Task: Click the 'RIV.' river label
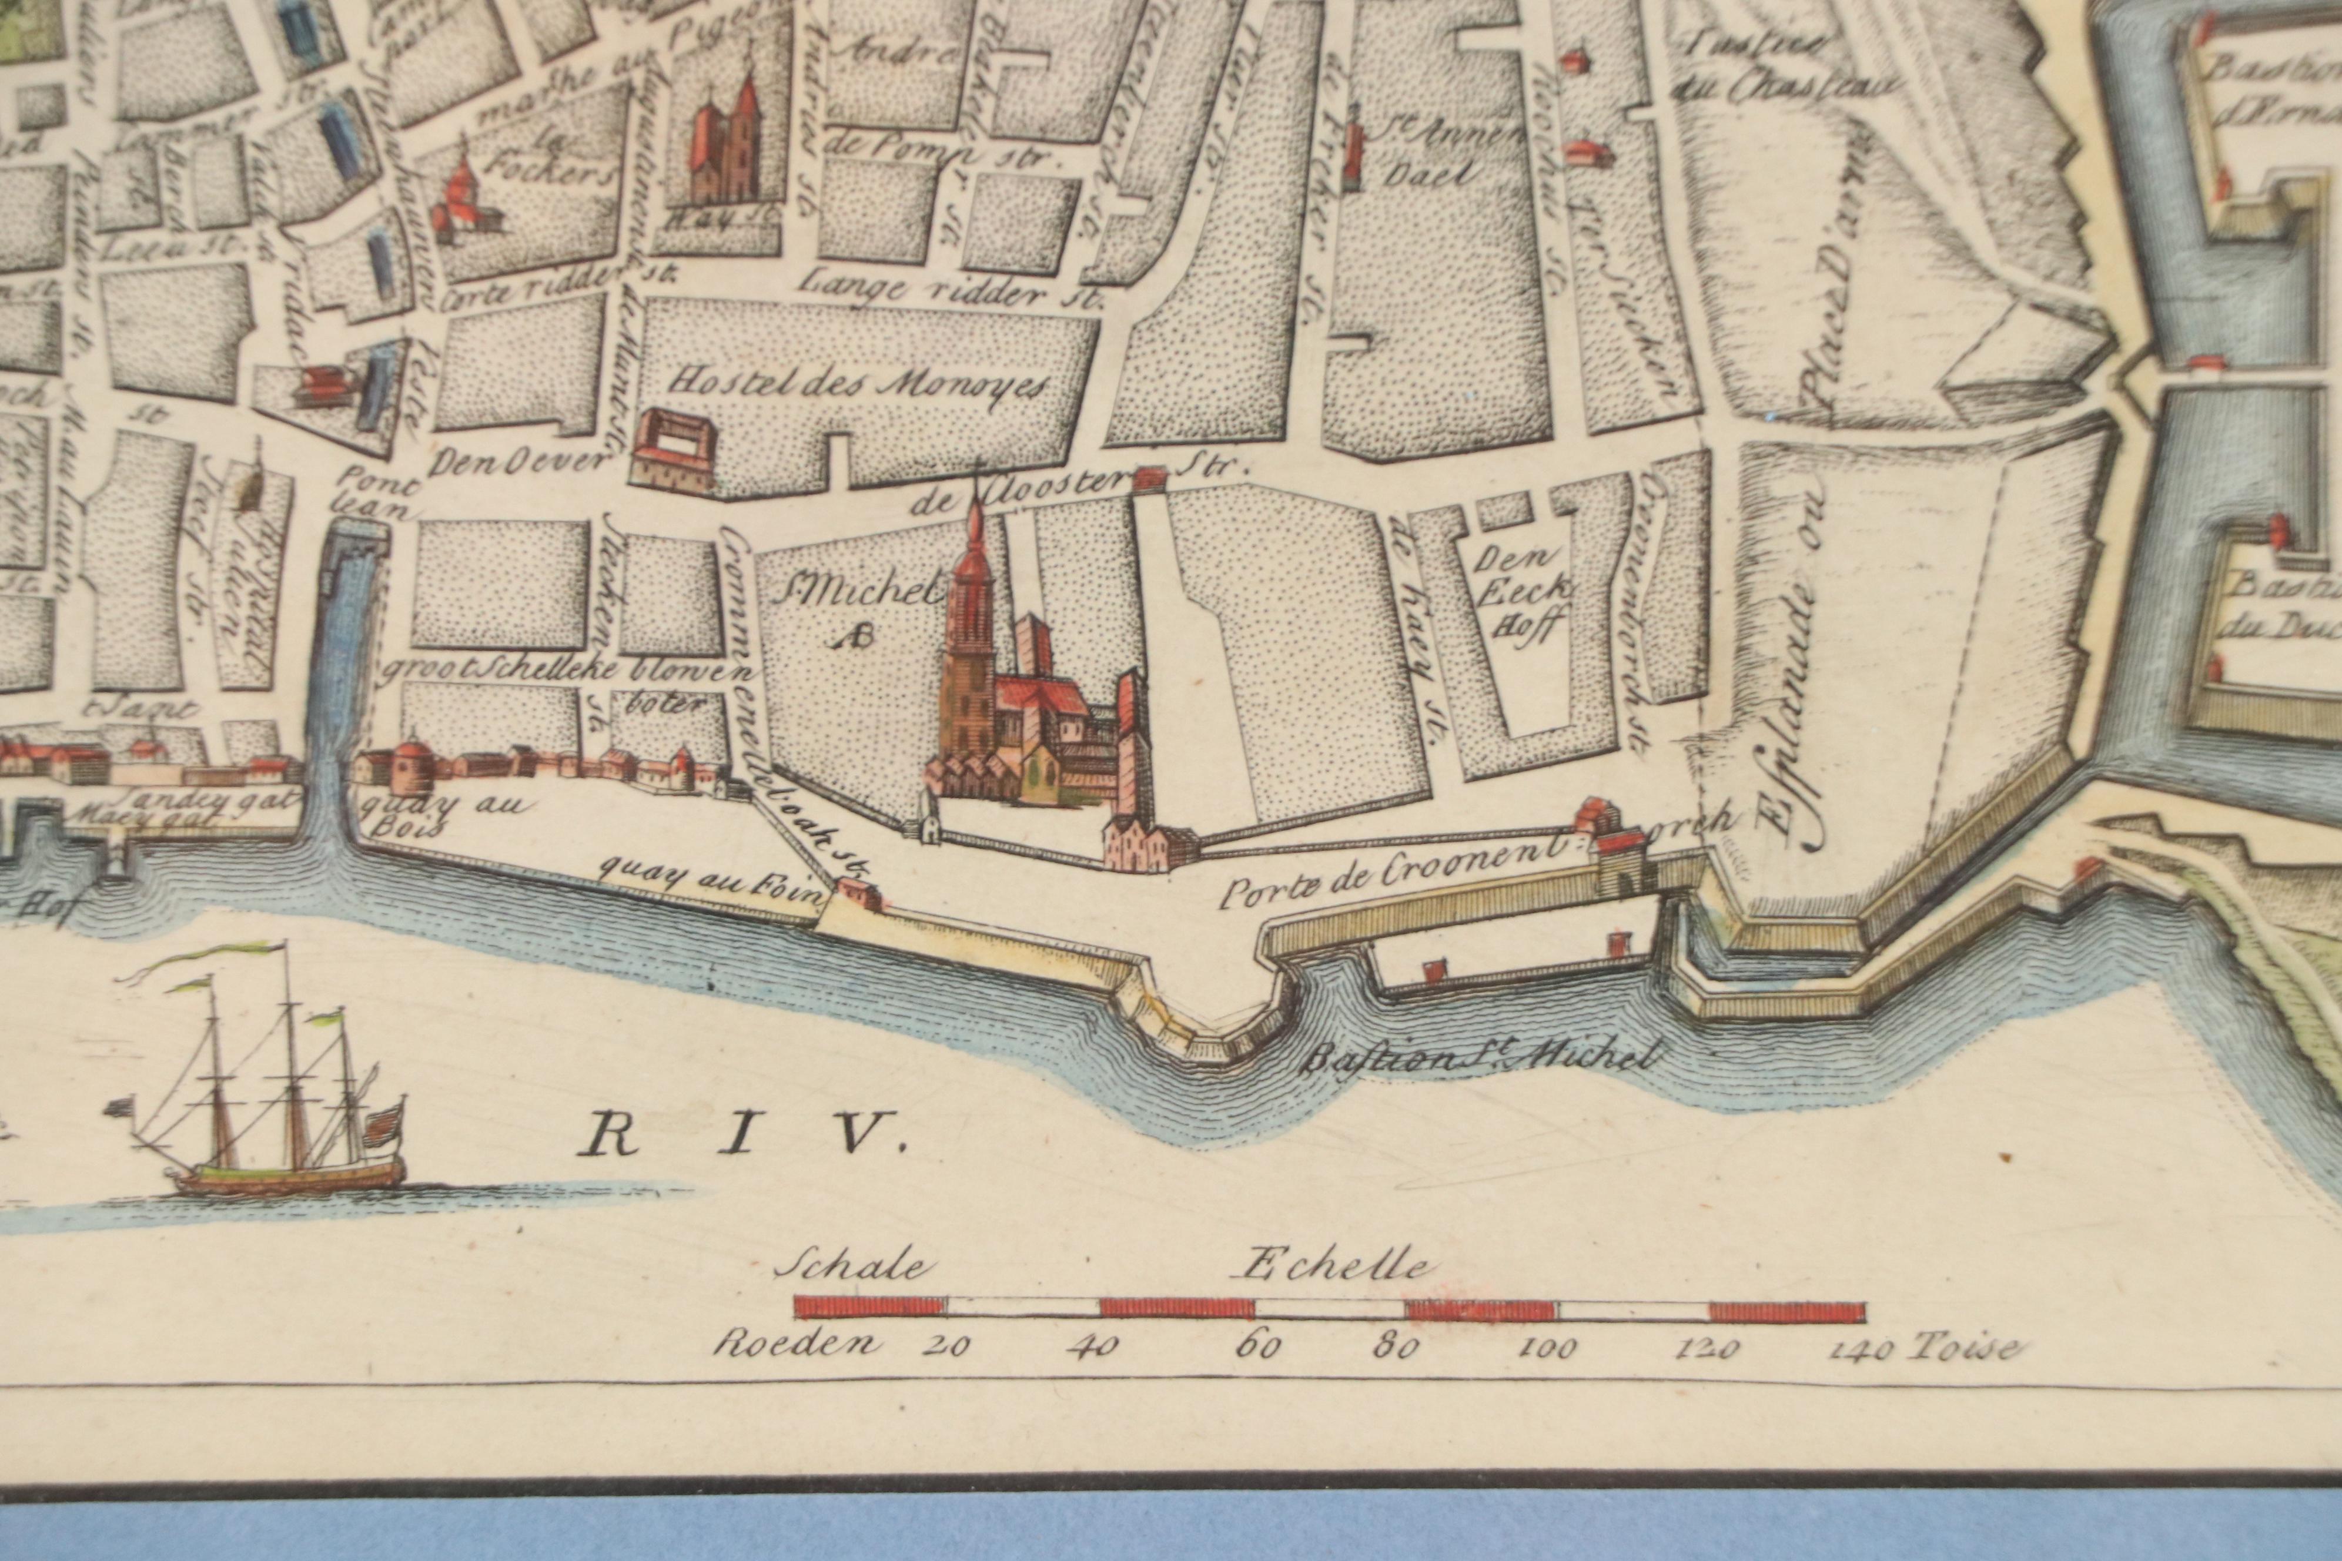click(742, 1135)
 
